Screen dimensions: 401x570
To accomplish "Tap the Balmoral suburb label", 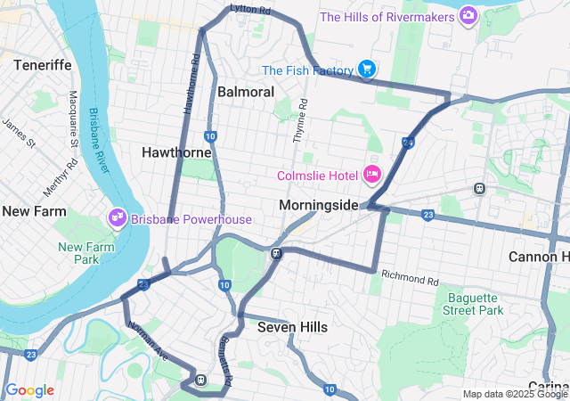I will [x=245, y=92].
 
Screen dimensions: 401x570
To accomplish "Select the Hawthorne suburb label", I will [x=176, y=152].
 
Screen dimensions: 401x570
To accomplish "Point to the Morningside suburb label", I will [x=318, y=205].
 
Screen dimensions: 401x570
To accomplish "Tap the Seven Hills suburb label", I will [x=292, y=327].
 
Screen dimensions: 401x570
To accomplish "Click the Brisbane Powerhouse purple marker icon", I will [x=117, y=217].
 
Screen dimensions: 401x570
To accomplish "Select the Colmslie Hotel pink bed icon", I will [x=372, y=174].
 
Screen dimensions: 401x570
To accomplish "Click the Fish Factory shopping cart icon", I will [x=366, y=70].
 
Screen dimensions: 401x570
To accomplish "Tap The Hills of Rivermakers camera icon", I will [x=468, y=16].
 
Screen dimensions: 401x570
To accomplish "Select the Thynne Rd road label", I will [x=300, y=121].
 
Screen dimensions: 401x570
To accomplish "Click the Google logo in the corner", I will [x=29, y=390].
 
